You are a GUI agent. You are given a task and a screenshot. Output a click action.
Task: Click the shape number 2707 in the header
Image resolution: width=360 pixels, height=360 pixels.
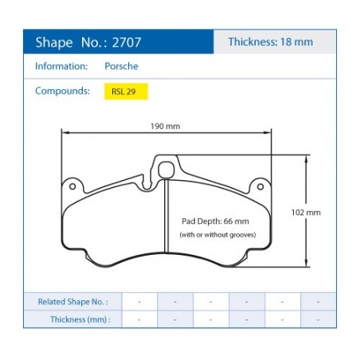click(x=127, y=42)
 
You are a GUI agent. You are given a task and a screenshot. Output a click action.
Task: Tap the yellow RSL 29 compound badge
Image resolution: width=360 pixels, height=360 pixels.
click(x=126, y=92)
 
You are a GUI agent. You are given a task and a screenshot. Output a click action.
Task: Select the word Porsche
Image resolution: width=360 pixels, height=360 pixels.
click(x=121, y=66)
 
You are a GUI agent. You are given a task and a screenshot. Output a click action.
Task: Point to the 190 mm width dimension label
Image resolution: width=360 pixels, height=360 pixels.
click(x=165, y=126)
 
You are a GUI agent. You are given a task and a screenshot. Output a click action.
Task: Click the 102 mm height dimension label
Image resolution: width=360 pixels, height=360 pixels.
click(x=306, y=213)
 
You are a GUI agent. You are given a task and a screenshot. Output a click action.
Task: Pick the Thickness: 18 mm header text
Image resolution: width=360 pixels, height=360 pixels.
click(x=271, y=41)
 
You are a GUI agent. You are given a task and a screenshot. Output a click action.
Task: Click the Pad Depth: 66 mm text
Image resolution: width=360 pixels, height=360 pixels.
click(x=215, y=221)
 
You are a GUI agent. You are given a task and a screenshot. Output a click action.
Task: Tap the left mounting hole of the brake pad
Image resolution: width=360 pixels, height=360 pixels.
click(x=72, y=186)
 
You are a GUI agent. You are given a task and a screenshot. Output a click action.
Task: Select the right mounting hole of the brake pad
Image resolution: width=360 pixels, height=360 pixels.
click(x=260, y=186)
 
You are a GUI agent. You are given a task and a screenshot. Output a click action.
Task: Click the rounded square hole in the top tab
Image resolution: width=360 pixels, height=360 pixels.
click(x=166, y=170)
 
